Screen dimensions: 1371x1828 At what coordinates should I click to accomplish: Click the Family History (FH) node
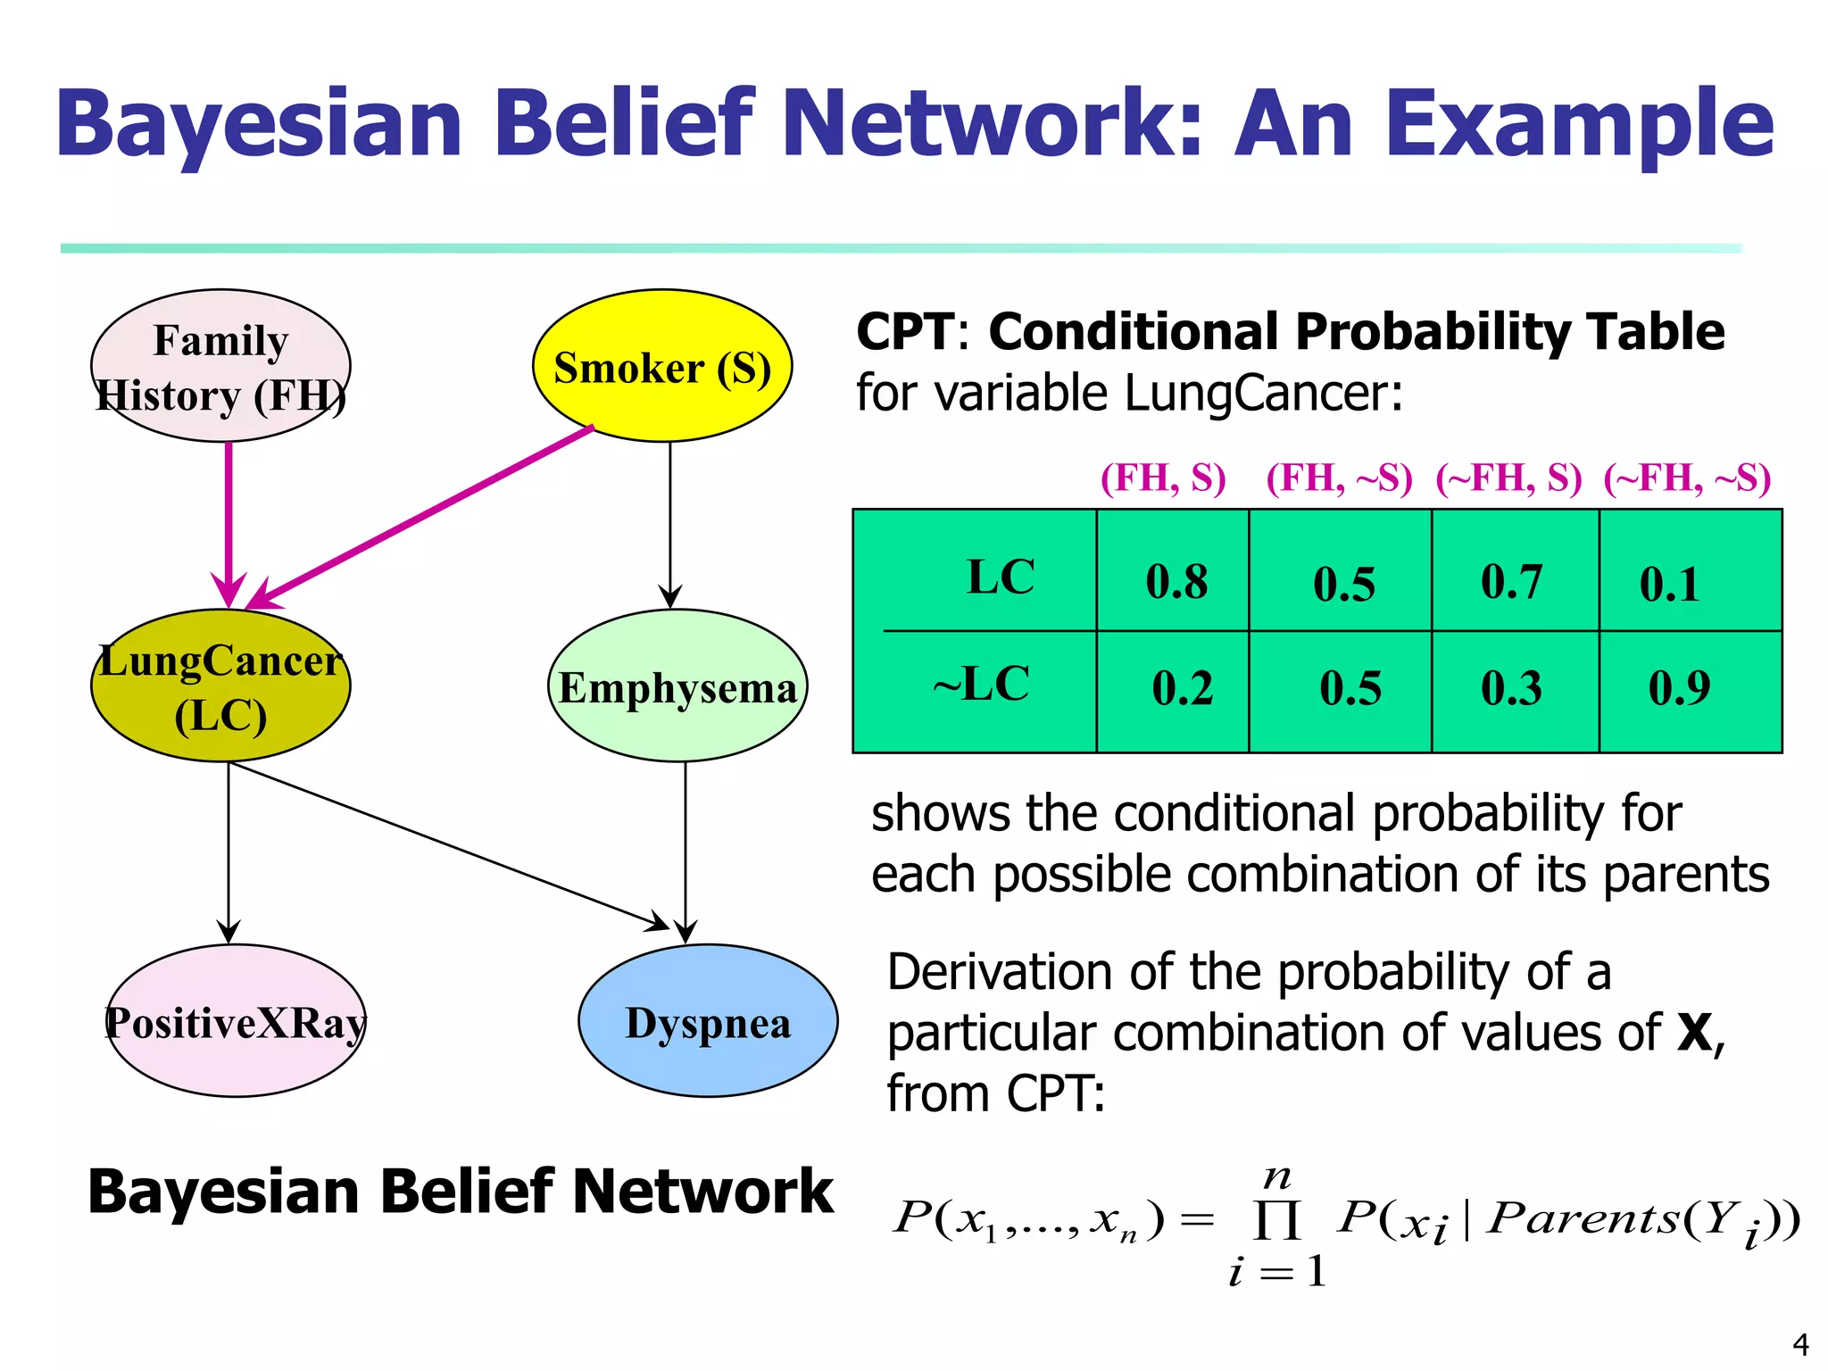[x=220, y=366]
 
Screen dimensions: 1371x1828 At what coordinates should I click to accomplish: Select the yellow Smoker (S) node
[x=662, y=366]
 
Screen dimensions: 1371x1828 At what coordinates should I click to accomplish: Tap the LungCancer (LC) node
[x=220, y=685]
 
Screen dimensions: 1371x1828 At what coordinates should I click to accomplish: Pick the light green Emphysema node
[x=677, y=685]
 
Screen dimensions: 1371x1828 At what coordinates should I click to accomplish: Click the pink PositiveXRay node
[x=236, y=1020]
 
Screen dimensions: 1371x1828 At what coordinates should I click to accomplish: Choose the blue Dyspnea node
[x=708, y=1020]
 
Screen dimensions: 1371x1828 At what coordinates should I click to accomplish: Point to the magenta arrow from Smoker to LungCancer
[x=420, y=518]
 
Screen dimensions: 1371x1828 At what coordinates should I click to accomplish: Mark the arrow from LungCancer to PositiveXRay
[x=228, y=848]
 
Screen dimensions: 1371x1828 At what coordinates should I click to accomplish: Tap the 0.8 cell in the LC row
[x=1176, y=581]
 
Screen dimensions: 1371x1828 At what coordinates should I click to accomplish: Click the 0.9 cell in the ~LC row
[x=1679, y=687]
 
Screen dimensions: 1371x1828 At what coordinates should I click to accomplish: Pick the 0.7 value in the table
[x=1511, y=581]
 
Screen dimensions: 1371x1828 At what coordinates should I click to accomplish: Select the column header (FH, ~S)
[x=1339, y=478]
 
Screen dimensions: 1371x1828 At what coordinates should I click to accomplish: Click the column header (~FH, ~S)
[x=1687, y=478]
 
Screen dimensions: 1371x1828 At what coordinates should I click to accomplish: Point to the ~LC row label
[x=981, y=685]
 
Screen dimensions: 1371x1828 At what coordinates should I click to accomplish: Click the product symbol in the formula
[x=1276, y=1219]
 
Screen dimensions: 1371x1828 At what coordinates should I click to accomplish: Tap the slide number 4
[x=1800, y=1344]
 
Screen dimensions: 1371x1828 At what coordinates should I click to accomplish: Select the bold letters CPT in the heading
[x=904, y=332]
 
